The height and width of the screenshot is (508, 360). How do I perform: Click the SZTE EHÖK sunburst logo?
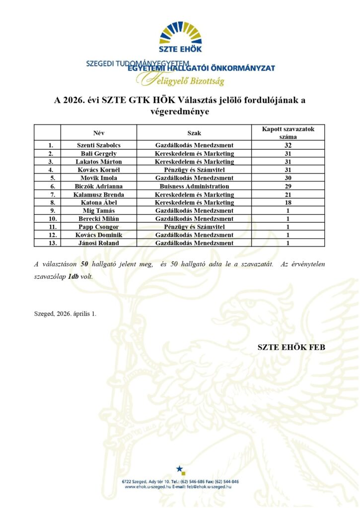pyautogui.click(x=181, y=35)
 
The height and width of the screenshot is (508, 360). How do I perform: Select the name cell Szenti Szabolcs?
pyautogui.click(x=98, y=145)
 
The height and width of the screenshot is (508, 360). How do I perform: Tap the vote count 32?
pyautogui.click(x=288, y=145)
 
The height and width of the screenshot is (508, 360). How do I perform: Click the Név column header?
pyautogui.click(x=99, y=133)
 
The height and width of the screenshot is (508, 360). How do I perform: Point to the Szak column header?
pyautogui.click(x=194, y=133)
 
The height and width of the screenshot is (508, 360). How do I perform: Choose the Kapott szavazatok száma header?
pyautogui.click(x=288, y=132)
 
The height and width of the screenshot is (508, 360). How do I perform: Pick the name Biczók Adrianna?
pyautogui.click(x=98, y=186)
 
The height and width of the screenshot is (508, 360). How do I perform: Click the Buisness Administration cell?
pyautogui.click(x=194, y=186)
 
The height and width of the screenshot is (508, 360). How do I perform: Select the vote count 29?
pyautogui.click(x=288, y=186)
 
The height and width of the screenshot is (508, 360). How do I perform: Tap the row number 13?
pyautogui.click(x=47, y=243)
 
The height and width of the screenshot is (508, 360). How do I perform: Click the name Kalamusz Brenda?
pyautogui.click(x=98, y=194)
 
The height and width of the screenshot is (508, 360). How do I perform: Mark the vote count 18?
pyautogui.click(x=288, y=202)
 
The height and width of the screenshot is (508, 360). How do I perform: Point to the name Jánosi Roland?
pyautogui.click(x=98, y=243)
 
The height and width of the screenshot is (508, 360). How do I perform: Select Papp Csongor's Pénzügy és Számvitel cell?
pyautogui.click(x=194, y=227)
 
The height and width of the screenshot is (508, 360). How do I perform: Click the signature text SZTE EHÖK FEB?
pyautogui.click(x=291, y=347)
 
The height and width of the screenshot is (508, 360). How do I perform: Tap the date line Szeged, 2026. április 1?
pyautogui.click(x=66, y=314)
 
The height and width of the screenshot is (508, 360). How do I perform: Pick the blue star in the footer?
pyautogui.click(x=181, y=469)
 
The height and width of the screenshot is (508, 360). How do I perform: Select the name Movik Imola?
pyautogui.click(x=98, y=178)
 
